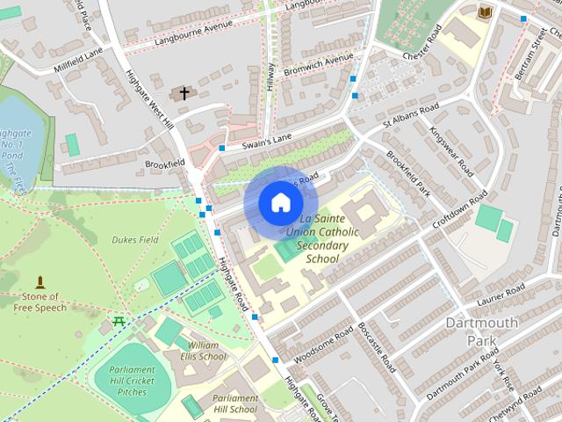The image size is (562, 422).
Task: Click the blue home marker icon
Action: (x=279, y=202)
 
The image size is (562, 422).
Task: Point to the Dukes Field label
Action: (x=134, y=238)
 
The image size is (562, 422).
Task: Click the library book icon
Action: (x=484, y=12)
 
